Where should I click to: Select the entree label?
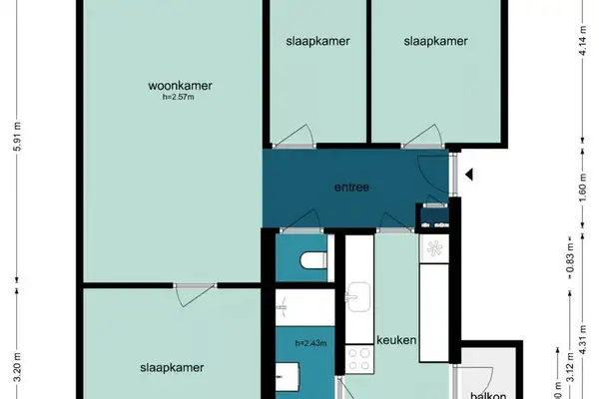(351, 187)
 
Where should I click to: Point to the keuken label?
(395, 340)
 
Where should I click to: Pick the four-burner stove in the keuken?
(358, 357)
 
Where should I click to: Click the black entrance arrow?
(469, 176)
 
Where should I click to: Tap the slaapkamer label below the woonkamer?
(172, 367)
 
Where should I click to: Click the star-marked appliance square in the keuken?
(435, 247)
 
